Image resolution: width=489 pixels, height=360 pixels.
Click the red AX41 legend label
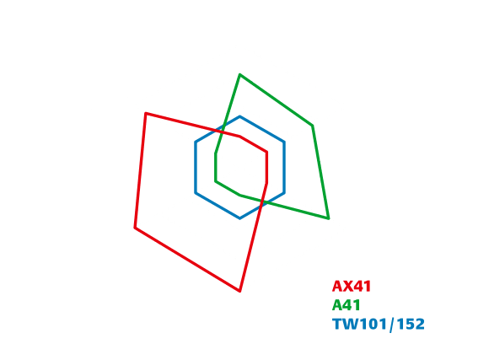click(x=352, y=286)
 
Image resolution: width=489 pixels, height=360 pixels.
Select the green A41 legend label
click(x=347, y=305)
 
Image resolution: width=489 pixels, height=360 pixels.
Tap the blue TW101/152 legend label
click(x=379, y=324)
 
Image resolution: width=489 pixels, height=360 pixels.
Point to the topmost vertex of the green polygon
click(x=239, y=74)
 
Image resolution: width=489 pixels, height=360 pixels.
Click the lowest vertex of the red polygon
click(x=239, y=292)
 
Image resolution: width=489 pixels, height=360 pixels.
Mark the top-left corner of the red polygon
click(x=146, y=113)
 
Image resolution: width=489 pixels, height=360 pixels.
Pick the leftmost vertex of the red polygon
click(x=135, y=228)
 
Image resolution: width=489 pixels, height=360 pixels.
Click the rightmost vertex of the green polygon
click(x=329, y=218)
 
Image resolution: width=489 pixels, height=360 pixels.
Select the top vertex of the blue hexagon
click(x=239, y=116)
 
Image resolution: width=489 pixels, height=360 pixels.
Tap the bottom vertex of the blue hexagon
click(x=239, y=218)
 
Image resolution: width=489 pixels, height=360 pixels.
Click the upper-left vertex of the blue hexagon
click(x=196, y=142)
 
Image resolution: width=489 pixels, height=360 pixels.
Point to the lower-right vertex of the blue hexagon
click(x=284, y=193)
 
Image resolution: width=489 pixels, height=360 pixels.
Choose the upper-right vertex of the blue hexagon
click(x=284, y=142)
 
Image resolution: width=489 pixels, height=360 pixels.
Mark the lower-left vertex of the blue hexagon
click(x=196, y=193)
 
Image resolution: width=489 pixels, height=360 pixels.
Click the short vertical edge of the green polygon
click(x=216, y=167)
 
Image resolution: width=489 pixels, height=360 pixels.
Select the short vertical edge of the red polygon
click(x=266, y=168)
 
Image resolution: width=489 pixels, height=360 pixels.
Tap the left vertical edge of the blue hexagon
click(x=196, y=168)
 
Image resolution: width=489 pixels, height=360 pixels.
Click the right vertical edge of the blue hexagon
click(x=284, y=168)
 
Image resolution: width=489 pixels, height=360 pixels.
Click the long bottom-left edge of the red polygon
click(x=187, y=260)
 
